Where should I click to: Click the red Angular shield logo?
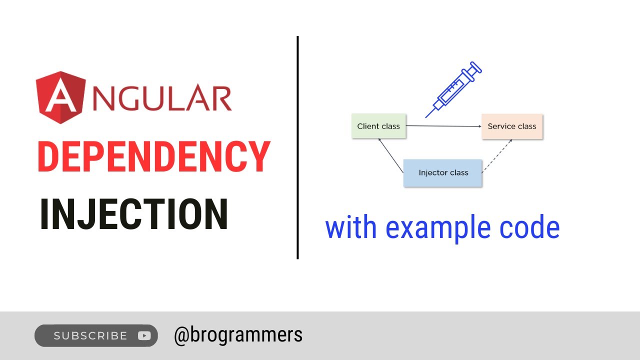click(60, 97)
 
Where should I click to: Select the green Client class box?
click(378, 126)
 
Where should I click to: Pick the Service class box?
click(512, 126)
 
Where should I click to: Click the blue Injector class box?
click(442, 173)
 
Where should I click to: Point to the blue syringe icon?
click(453, 89)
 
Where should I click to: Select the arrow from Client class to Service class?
click(443, 126)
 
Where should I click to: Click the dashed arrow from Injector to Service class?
click(497, 156)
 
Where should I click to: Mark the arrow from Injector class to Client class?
click(391, 155)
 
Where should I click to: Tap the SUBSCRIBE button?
click(96, 335)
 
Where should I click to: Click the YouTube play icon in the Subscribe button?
click(144, 335)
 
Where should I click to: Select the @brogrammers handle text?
click(238, 335)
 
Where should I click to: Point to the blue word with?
click(351, 226)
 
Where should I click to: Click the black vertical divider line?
click(297, 147)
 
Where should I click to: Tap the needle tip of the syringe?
click(426, 117)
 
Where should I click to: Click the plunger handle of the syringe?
click(476, 67)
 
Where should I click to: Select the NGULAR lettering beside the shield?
click(162, 97)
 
